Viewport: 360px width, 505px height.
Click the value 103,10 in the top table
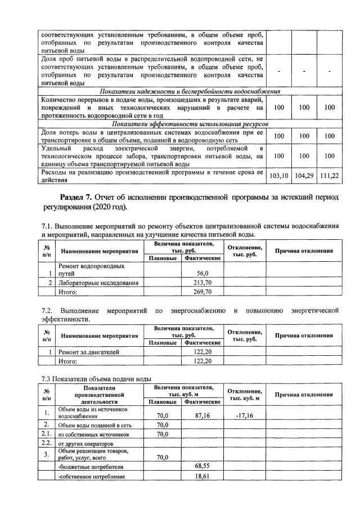coord(278,176)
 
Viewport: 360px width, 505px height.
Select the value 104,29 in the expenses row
coord(304,176)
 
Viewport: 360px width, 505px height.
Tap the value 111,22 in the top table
coord(330,176)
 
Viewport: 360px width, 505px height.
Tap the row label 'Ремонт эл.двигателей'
coord(89,352)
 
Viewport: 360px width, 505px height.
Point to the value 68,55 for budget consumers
coord(202,467)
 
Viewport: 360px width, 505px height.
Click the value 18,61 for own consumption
coord(202,477)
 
